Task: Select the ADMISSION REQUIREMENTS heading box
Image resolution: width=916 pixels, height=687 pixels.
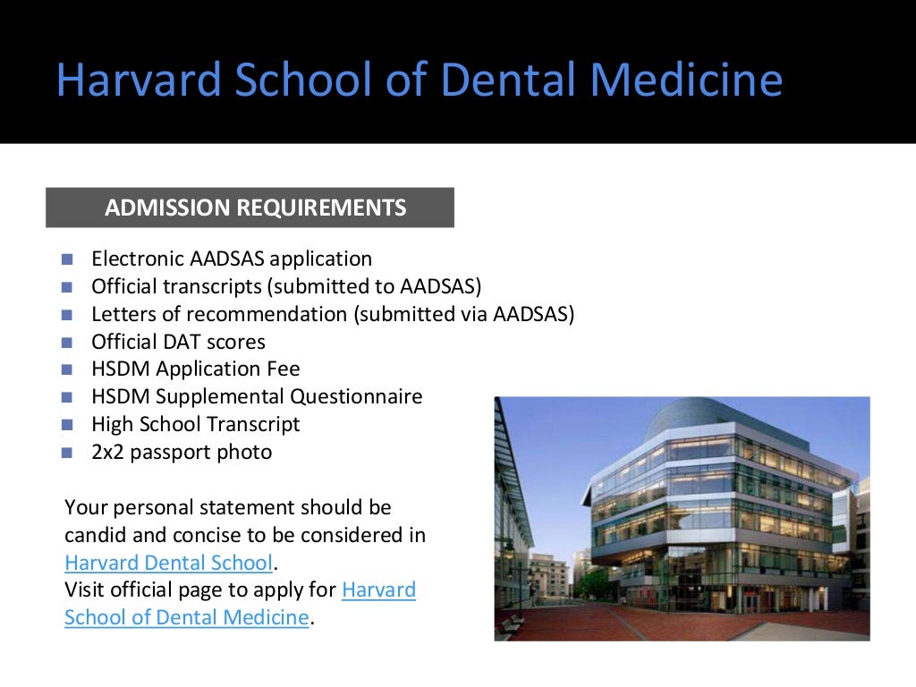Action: click(x=250, y=208)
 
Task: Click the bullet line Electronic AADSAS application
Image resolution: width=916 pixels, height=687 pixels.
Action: click(x=232, y=259)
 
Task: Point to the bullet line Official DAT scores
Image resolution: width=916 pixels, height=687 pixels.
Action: click(x=178, y=342)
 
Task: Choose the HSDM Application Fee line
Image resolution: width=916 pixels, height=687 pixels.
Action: click(x=196, y=369)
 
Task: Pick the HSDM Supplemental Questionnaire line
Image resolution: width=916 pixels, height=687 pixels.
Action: click(x=257, y=397)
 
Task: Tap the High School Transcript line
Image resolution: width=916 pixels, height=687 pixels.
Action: click(x=196, y=425)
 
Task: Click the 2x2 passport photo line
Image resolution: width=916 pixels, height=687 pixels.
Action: click(x=182, y=453)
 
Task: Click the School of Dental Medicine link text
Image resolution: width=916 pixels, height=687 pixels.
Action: click(x=187, y=618)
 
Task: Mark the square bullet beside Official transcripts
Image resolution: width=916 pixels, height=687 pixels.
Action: click(x=66, y=287)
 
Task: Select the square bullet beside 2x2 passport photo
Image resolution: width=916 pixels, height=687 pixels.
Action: click(x=66, y=453)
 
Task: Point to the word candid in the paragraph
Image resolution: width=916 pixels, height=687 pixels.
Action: click(x=95, y=536)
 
